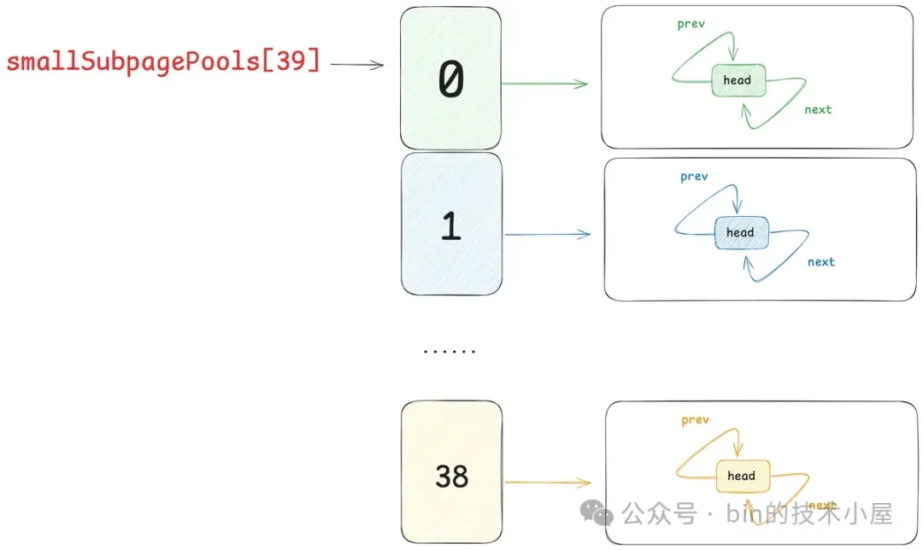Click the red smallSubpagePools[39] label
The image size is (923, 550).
click(163, 62)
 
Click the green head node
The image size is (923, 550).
click(737, 80)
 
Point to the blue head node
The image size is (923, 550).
click(740, 232)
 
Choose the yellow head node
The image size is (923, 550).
click(741, 476)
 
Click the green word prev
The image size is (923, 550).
click(691, 24)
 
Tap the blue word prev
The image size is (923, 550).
click(694, 177)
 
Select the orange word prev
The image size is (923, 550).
click(696, 420)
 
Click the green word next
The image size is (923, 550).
click(818, 109)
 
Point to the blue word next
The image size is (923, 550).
click(821, 261)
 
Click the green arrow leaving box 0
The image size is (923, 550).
click(544, 84)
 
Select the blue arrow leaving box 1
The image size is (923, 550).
click(547, 234)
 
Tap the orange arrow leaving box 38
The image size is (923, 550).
click(547, 483)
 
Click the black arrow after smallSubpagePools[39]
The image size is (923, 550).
click(357, 64)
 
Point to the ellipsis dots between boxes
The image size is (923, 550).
click(450, 351)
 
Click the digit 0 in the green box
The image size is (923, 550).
click(450, 81)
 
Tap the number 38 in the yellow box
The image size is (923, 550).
click(451, 477)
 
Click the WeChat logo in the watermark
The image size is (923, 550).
click(597, 512)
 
